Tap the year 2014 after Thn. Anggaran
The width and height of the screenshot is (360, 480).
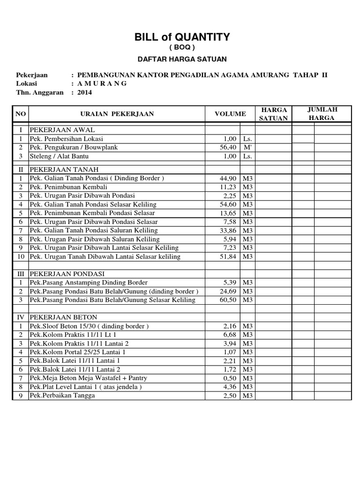click(85, 92)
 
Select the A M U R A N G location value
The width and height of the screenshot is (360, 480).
click(102, 83)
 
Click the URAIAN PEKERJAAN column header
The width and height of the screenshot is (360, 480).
click(117, 114)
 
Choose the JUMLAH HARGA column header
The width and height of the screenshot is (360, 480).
click(322, 113)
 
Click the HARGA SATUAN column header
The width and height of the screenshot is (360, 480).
click(273, 113)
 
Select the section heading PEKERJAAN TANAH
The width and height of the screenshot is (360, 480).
click(64, 169)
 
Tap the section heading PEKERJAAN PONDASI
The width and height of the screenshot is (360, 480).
click(67, 273)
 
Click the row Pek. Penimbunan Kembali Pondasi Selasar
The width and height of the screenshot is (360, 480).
click(93, 213)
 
